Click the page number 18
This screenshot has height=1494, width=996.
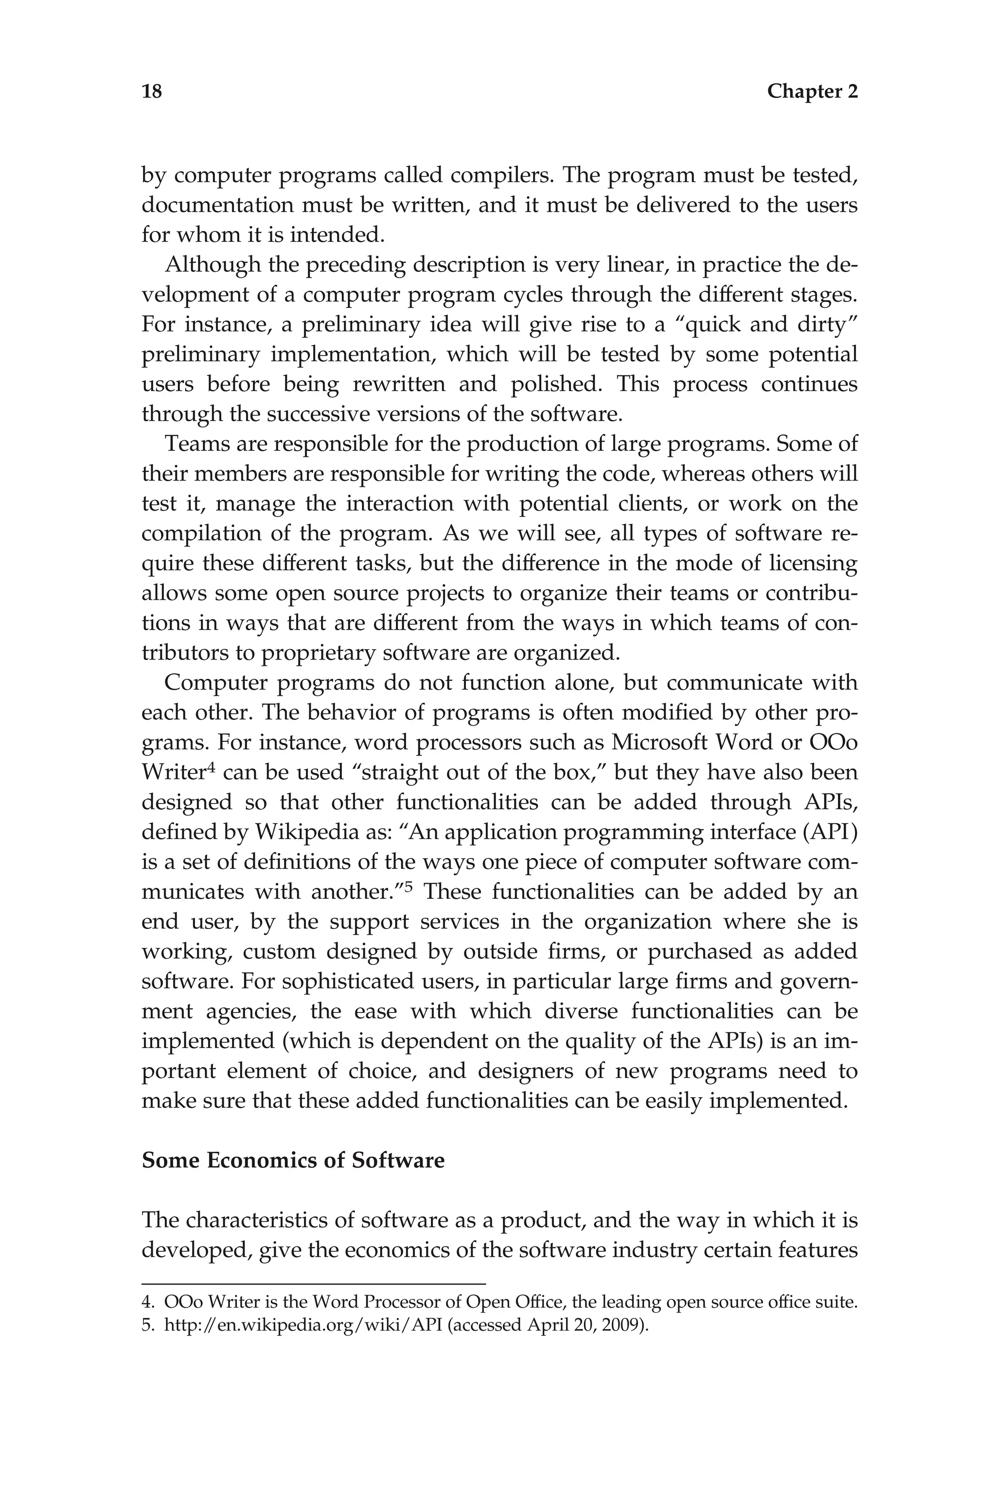coord(152,91)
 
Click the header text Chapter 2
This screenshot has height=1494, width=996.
coord(812,91)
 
